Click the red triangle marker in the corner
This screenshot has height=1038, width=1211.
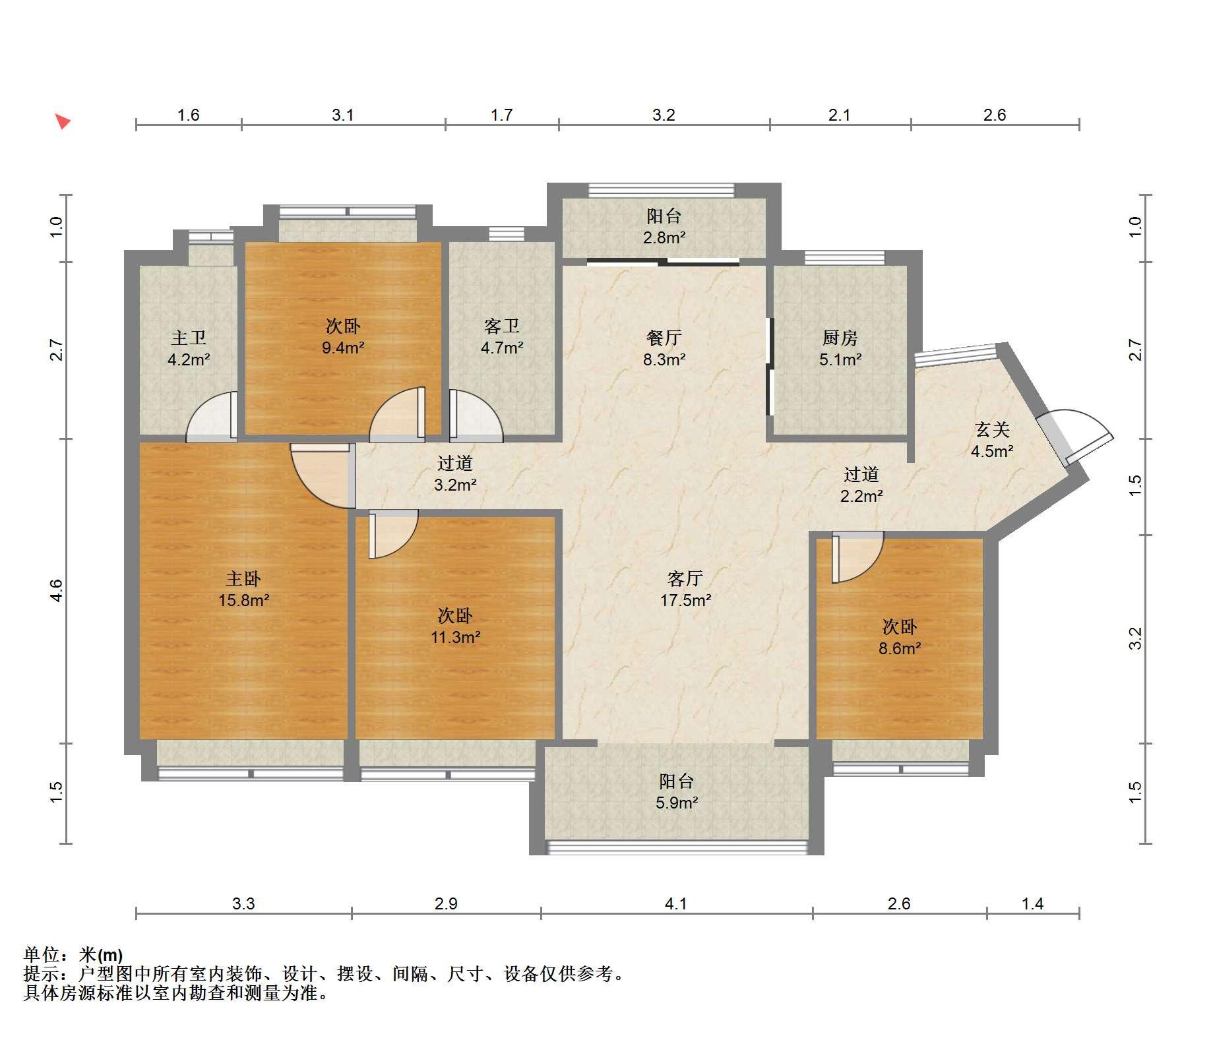pos(63,121)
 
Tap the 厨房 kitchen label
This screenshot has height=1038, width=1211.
pos(840,338)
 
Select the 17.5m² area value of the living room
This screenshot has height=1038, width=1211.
pos(685,600)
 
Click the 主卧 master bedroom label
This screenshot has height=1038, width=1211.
pos(243,578)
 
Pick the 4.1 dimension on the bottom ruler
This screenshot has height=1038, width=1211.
pos(676,903)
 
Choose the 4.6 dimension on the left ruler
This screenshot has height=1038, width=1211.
pos(57,590)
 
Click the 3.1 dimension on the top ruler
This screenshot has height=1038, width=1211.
pos(343,115)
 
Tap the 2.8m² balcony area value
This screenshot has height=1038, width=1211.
pos(664,237)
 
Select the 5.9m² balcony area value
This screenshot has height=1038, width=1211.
pos(677,803)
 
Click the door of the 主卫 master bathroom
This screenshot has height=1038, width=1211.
pos(212,417)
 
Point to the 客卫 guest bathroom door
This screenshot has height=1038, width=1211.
pos(476,416)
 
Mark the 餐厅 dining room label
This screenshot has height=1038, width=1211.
pos(664,338)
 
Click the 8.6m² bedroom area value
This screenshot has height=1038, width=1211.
pos(900,648)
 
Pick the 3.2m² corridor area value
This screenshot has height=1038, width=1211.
pos(455,485)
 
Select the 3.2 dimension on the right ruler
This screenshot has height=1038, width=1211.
pos(1134,639)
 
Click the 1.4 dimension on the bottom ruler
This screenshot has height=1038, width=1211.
pos(1033,903)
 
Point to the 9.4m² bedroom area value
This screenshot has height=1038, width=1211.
pos(343,348)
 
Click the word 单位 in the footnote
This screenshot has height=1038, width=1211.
pos(42,954)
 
